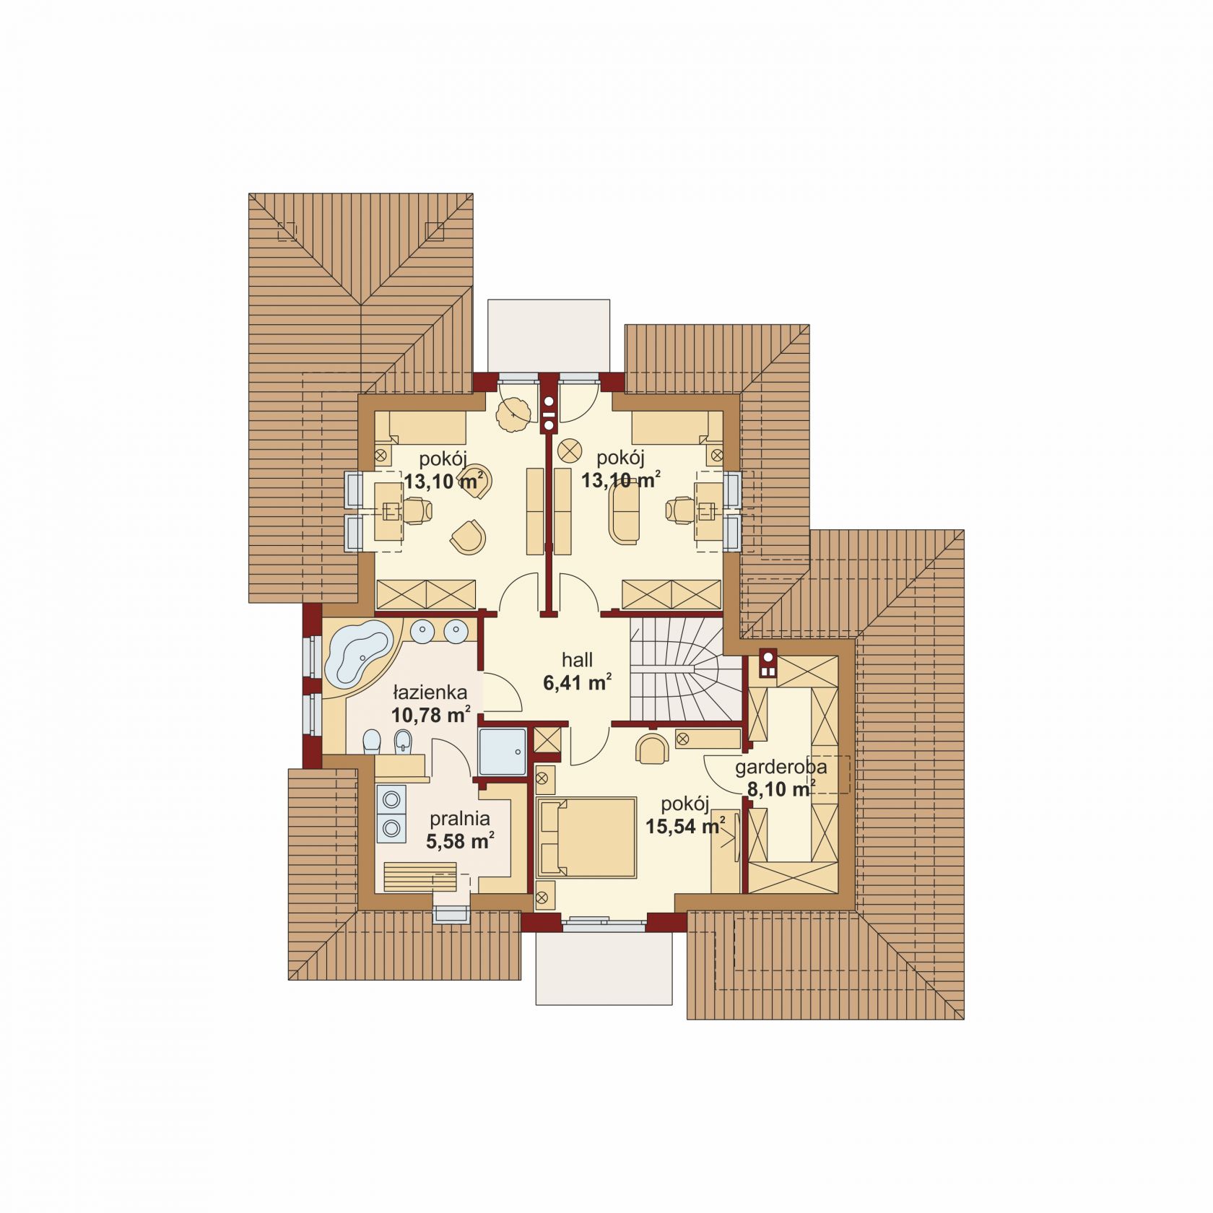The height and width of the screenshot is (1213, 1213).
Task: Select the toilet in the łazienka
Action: pos(371,742)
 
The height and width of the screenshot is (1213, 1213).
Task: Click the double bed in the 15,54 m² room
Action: pos(586,838)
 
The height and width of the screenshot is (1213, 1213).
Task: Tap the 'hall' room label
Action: pos(578,659)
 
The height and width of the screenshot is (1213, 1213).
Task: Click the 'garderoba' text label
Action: pos(781,768)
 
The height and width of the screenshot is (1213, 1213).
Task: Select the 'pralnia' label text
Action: pos(460,819)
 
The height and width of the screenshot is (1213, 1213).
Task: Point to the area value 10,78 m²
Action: pos(430,716)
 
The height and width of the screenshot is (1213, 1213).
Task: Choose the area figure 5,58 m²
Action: pos(460,841)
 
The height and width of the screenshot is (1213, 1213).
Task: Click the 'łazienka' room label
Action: pos(430,693)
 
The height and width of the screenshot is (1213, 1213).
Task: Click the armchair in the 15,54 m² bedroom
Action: pos(653,749)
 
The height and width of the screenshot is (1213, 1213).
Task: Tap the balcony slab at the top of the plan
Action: pos(549,336)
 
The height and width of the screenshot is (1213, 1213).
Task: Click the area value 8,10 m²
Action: pos(781,789)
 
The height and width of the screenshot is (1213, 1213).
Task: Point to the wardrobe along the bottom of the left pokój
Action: pos(426,594)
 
